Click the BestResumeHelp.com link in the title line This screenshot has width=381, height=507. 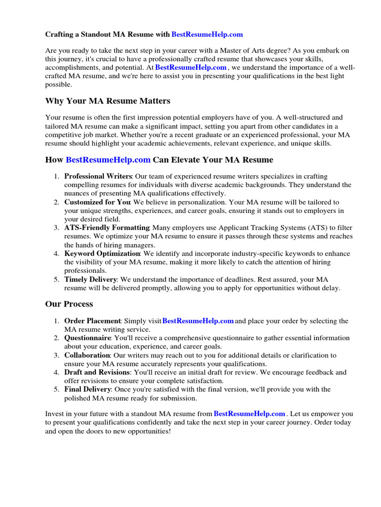(207, 34)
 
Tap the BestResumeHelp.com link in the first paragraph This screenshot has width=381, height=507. (191, 67)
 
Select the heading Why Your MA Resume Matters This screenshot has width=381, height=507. (108, 101)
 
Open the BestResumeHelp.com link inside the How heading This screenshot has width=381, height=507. (108, 160)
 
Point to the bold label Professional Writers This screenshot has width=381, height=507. (98, 176)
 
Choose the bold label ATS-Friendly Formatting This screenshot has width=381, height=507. (107, 228)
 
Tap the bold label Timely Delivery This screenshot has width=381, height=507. (91, 279)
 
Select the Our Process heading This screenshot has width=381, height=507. (69, 304)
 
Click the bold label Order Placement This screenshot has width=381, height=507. (92, 321)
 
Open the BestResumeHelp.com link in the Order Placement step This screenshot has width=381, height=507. (198, 321)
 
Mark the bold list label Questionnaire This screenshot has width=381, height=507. (87, 338)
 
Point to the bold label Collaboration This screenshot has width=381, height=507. (87, 355)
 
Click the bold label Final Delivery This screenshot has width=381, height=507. (87, 390)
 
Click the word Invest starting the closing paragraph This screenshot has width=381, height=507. (55, 414)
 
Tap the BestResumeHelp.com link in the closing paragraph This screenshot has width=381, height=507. (249, 414)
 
